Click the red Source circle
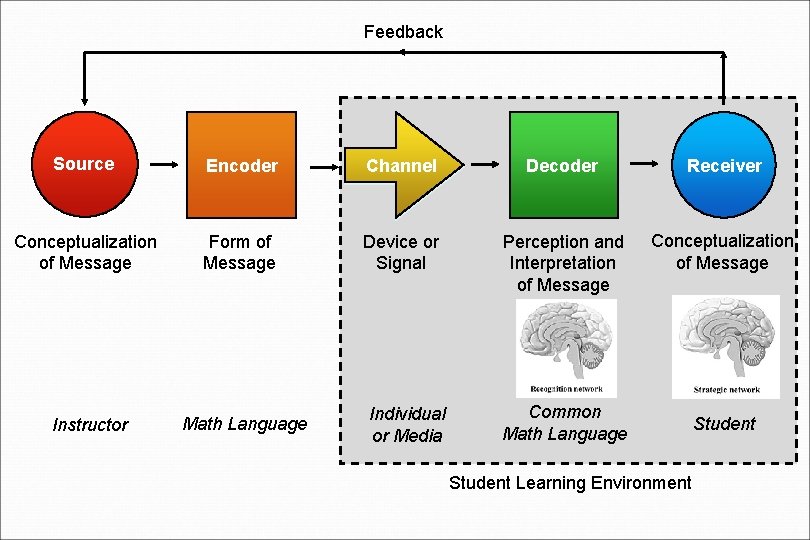84,164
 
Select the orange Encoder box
242,165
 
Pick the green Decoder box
562,165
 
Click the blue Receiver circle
724,165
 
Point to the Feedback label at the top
403,32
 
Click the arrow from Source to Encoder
163,165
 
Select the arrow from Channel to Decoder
485,165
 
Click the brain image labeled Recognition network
567,347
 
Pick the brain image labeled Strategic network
726,346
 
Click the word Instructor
90,425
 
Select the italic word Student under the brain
724,424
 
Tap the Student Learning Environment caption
570,483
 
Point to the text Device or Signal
401,253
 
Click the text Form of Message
239,253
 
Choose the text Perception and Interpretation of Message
563,264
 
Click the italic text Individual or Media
407,425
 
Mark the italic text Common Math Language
565,423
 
